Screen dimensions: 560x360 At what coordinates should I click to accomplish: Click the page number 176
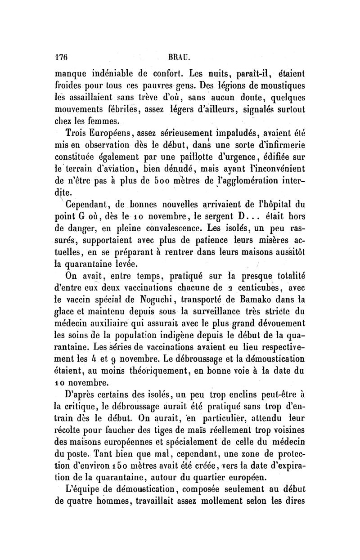tap(61, 58)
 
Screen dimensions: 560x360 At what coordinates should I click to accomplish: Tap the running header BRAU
tap(180, 58)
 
